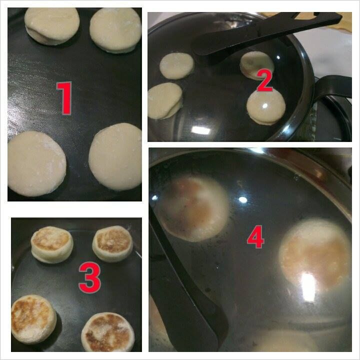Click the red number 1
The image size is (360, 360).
64,98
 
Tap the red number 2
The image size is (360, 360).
264,80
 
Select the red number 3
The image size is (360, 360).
90,277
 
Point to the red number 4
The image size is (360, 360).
255,236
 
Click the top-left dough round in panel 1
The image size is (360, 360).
52,25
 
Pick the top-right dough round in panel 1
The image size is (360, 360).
115,30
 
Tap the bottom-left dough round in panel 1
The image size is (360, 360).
36,163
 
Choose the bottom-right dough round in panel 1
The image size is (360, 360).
115,157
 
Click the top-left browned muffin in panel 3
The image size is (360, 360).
52,244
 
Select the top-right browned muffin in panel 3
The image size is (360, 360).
112,244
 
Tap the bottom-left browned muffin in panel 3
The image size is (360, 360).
33,319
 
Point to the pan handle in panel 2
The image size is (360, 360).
333,87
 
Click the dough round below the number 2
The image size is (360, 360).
266,107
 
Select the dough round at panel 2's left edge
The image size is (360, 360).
165,101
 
